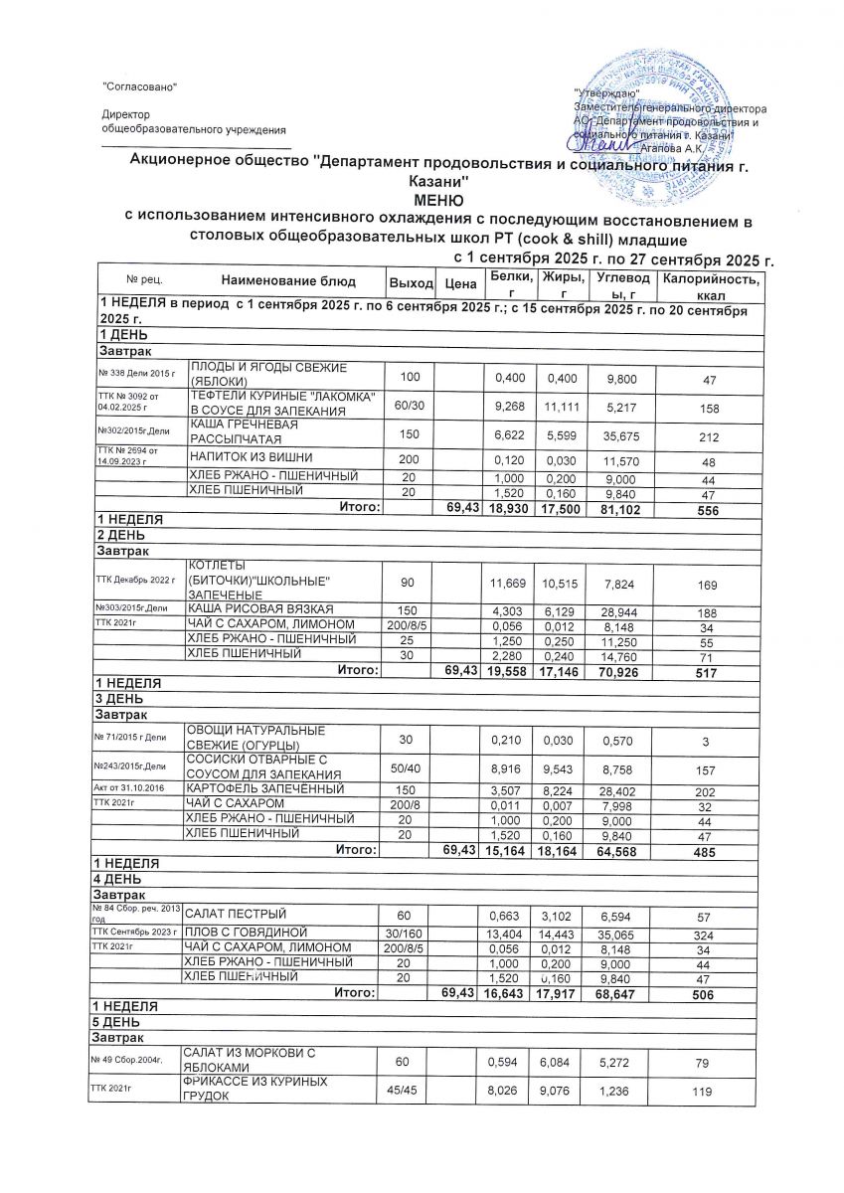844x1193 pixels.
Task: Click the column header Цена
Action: click(458, 284)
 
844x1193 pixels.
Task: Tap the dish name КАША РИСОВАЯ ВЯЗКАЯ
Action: click(261, 607)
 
